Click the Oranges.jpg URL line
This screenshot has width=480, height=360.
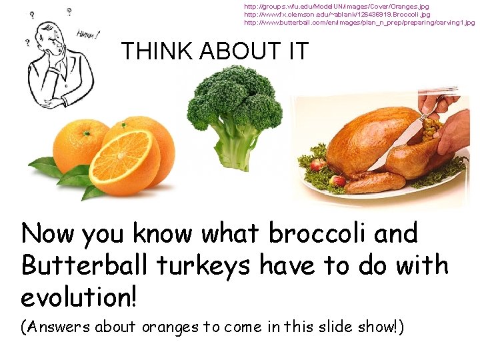[x=336, y=6]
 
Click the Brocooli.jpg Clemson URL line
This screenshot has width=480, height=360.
[x=337, y=14]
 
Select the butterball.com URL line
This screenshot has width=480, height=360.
[x=359, y=23]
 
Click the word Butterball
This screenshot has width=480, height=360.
[x=85, y=265]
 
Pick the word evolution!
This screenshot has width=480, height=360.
[x=79, y=297]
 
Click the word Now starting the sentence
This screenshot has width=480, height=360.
[x=49, y=235]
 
